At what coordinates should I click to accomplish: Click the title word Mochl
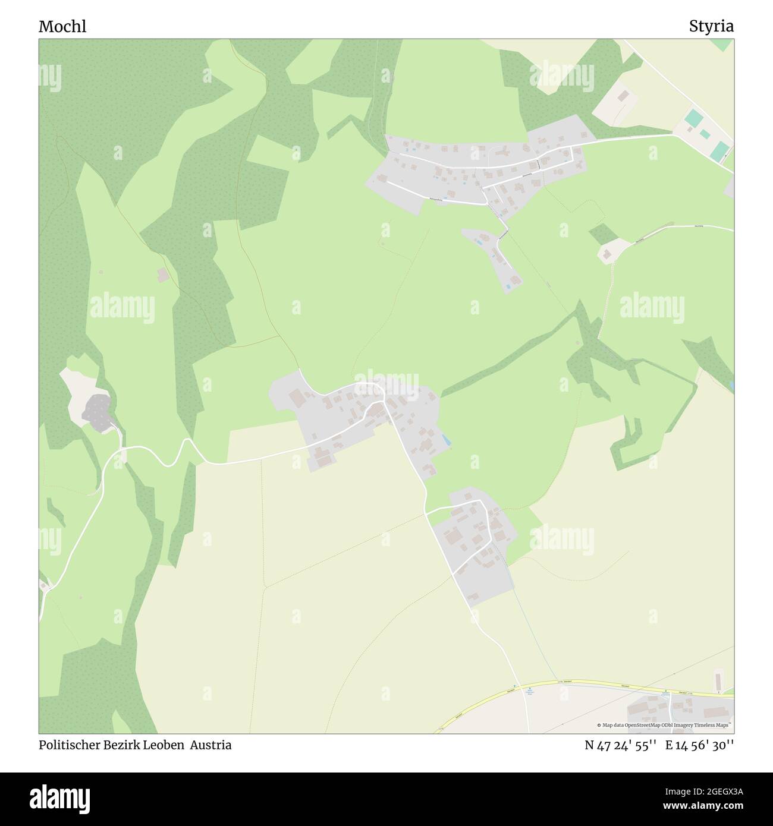click(x=62, y=27)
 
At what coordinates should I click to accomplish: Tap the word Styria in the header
click(x=711, y=27)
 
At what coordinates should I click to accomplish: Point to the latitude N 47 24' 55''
click(x=620, y=745)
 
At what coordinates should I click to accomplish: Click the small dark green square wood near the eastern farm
click(x=603, y=234)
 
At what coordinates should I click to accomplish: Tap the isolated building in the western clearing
click(x=162, y=275)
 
